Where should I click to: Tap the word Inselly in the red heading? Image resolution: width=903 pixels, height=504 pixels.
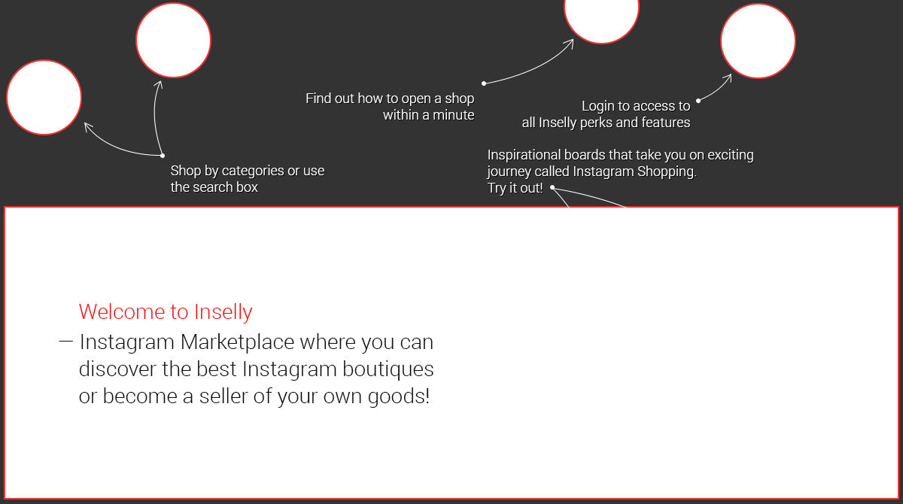coord(223,311)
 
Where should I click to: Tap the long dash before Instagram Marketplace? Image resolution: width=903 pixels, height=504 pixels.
coord(65,342)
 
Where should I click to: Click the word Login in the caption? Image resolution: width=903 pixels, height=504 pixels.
coord(598,106)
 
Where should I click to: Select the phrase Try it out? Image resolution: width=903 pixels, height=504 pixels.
coord(515,188)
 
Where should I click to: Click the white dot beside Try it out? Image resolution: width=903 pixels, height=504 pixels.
coord(552,187)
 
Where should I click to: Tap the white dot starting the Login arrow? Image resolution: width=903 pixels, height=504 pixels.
coord(698,100)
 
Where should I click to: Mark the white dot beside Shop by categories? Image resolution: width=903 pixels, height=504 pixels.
coord(163,156)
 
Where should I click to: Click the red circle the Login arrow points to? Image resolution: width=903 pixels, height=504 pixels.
coord(758,41)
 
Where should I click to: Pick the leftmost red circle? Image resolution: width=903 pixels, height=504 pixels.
coord(44,97)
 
